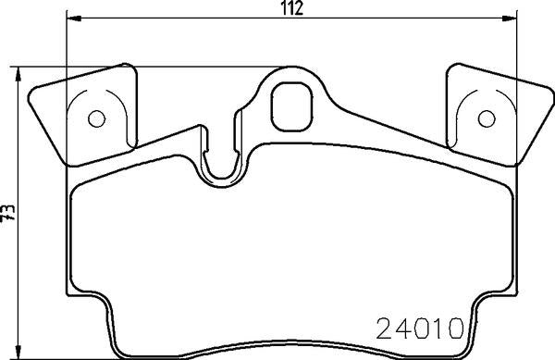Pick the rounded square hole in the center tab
(x=290, y=104)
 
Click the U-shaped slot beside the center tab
(x=220, y=157)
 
